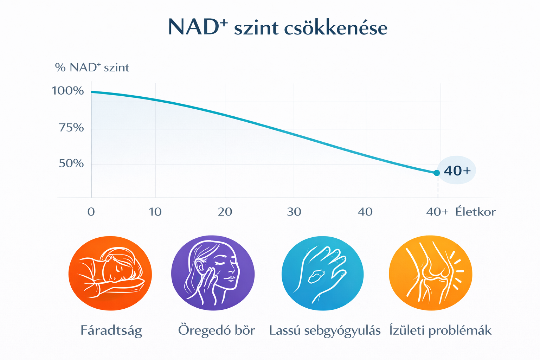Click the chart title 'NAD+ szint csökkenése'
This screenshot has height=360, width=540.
277,27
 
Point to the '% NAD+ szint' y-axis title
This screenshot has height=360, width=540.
92,67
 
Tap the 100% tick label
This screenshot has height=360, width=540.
68,91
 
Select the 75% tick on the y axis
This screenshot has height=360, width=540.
71,127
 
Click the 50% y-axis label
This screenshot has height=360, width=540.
71,163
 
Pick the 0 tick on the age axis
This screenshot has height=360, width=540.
91,212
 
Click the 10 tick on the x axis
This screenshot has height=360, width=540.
155,212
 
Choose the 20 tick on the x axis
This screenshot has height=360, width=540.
225,212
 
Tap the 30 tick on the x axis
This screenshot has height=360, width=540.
294,212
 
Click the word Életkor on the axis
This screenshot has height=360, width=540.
475,212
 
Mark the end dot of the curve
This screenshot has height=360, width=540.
437,173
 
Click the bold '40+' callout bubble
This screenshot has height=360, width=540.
457,171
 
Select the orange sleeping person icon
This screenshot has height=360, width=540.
110,273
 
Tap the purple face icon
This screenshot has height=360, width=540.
213,273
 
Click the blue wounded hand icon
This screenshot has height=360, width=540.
322,273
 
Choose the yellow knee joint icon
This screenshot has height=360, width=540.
430,273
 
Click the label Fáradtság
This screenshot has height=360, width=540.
111,330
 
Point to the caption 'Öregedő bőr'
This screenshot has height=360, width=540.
217,330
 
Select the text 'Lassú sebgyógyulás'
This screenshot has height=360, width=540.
325,331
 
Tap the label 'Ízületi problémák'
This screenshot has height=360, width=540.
440,330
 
